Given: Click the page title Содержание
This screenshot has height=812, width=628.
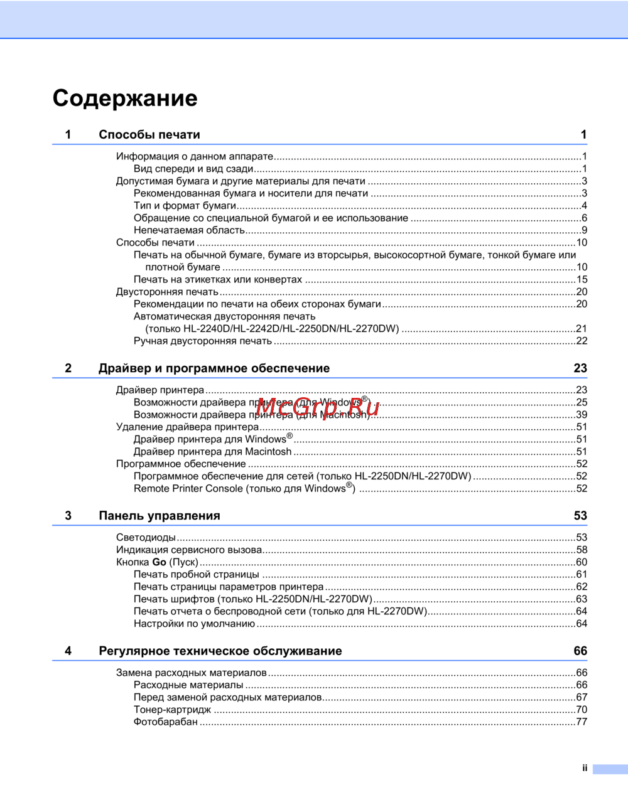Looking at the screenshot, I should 125,99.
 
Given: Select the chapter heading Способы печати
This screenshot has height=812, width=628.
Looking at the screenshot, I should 149,134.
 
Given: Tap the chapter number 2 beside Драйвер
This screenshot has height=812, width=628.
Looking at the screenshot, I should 68,368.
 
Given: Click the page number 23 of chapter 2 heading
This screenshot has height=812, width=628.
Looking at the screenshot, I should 580,368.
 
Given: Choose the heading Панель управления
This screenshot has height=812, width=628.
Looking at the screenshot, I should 160,516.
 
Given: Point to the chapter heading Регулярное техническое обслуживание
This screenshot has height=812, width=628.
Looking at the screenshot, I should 220,651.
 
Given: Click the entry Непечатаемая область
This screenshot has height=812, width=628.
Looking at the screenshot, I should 189,230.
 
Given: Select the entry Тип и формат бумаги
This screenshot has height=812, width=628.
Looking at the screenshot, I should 185,206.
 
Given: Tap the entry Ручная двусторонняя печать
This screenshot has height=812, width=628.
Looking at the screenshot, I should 202,341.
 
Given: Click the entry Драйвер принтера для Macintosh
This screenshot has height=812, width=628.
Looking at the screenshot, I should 212,452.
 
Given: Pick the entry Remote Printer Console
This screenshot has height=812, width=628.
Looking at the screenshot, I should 244,488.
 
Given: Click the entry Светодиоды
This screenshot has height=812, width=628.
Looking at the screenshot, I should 146,538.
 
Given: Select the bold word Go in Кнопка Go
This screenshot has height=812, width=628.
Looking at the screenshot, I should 159,562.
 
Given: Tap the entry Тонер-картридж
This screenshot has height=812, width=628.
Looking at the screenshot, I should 172,710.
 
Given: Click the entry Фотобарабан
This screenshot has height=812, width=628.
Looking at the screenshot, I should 165,722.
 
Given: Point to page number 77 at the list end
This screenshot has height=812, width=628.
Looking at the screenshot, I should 582,722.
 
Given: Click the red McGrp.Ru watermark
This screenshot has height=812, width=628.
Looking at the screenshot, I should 318,407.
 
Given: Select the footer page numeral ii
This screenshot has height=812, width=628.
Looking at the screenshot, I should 585,768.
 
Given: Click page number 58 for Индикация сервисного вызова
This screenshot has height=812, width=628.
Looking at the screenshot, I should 582,550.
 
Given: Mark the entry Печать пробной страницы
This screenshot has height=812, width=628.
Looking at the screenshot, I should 196,575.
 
